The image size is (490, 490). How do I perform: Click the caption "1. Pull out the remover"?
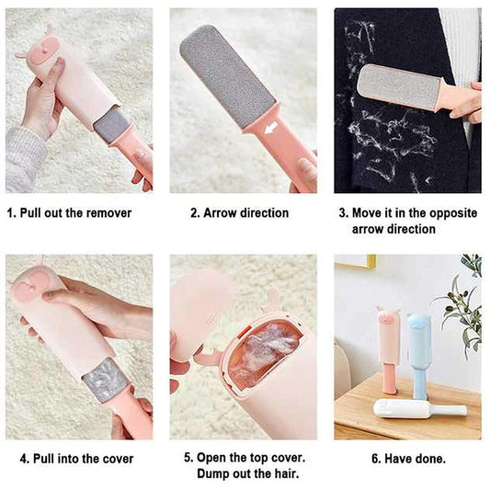[70, 213]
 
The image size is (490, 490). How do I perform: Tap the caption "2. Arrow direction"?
[239, 213]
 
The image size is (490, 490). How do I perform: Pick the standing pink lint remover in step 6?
[387, 349]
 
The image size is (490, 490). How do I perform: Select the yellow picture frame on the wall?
[354, 261]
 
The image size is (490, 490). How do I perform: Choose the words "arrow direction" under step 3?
[393, 229]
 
